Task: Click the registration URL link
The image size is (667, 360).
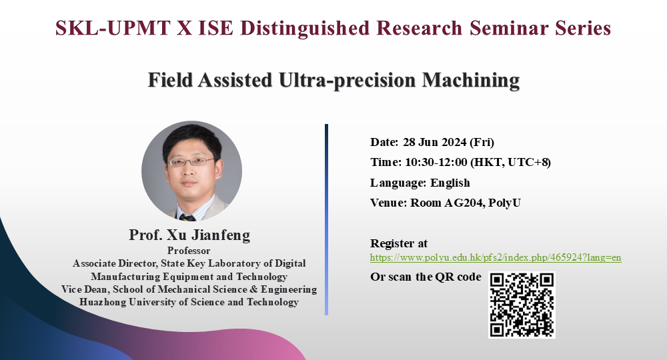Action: [496, 257]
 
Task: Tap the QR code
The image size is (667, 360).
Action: [522, 304]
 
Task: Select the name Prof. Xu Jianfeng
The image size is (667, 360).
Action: [190, 236]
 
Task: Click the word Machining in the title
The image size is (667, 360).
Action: [467, 81]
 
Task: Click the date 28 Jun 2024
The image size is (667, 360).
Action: [434, 142]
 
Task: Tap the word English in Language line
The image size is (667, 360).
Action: [450, 183]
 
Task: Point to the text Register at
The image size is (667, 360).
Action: [399, 243]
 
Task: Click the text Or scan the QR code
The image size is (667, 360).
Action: [426, 277]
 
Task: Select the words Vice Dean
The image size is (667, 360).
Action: [83, 289]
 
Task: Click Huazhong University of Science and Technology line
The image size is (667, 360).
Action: [189, 302]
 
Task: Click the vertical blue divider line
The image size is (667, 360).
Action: [326, 220]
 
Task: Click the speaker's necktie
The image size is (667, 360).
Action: [187, 217]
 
